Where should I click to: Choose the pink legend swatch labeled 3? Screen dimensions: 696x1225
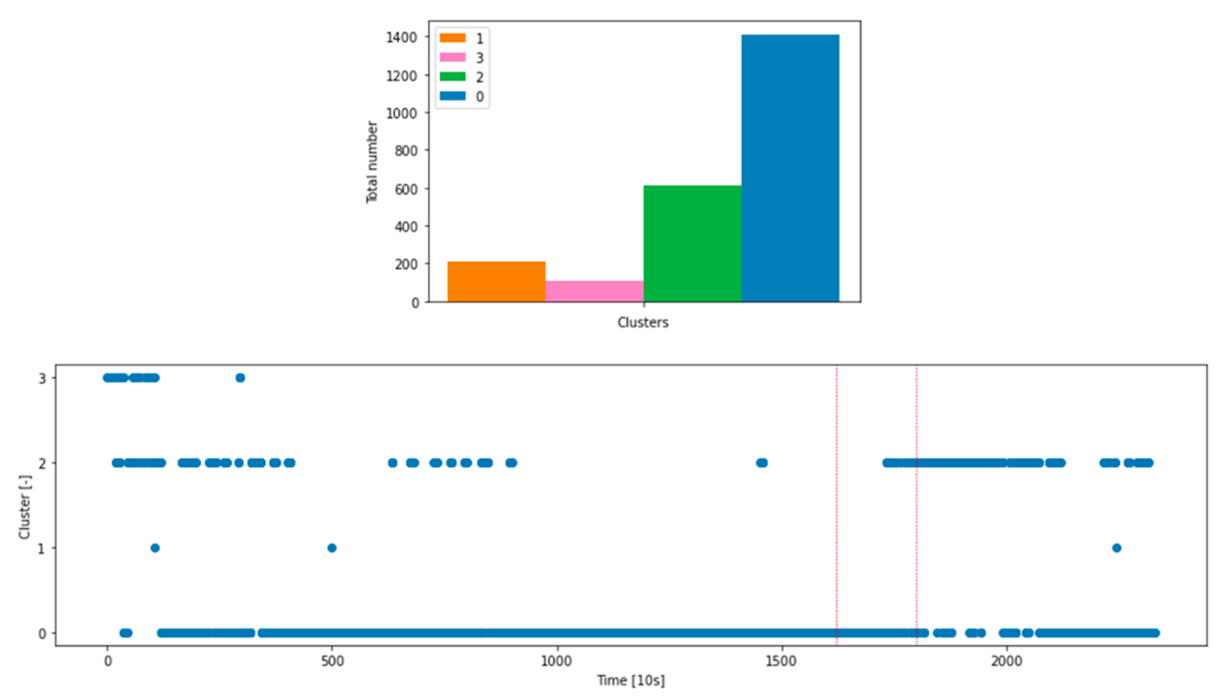452,57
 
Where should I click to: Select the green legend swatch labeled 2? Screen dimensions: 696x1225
452,76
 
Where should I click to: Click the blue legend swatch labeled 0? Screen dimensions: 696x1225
452,96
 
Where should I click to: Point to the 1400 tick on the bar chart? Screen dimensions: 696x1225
402,37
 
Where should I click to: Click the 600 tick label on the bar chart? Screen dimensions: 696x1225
406,189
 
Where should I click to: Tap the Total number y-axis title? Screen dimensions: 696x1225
372,162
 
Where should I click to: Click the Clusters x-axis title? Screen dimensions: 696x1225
643,323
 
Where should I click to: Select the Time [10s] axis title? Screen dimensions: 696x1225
631,680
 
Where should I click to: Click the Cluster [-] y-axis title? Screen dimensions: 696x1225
25,507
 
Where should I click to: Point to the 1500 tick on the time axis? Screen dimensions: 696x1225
782,662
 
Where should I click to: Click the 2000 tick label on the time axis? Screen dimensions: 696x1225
1006,662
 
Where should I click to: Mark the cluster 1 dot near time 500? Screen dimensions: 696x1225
332,548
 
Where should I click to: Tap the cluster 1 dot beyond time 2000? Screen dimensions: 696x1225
1116,548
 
